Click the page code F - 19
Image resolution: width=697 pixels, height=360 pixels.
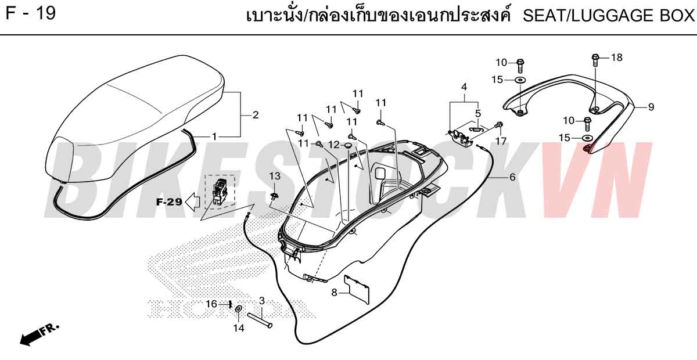tap(30, 13)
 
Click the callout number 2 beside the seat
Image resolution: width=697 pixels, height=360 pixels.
tap(256, 115)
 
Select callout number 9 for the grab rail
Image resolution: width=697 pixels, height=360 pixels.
tap(651, 107)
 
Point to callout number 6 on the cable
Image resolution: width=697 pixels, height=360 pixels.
tap(512, 177)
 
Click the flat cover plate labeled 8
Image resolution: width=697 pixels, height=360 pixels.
tap(357, 289)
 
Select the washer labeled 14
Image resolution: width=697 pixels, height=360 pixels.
tap(239, 309)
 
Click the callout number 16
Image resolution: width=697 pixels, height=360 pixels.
tap(211, 304)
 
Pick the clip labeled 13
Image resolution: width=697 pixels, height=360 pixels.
tap(274, 196)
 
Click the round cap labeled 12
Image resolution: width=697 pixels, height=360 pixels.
tap(347, 145)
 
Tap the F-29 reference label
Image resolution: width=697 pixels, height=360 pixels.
tap(169, 202)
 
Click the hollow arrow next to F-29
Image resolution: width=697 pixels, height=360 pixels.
tap(193, 202)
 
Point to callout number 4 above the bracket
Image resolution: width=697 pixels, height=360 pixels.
tap(464, 87)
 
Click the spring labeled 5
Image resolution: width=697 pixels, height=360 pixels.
tap(477, 128)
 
